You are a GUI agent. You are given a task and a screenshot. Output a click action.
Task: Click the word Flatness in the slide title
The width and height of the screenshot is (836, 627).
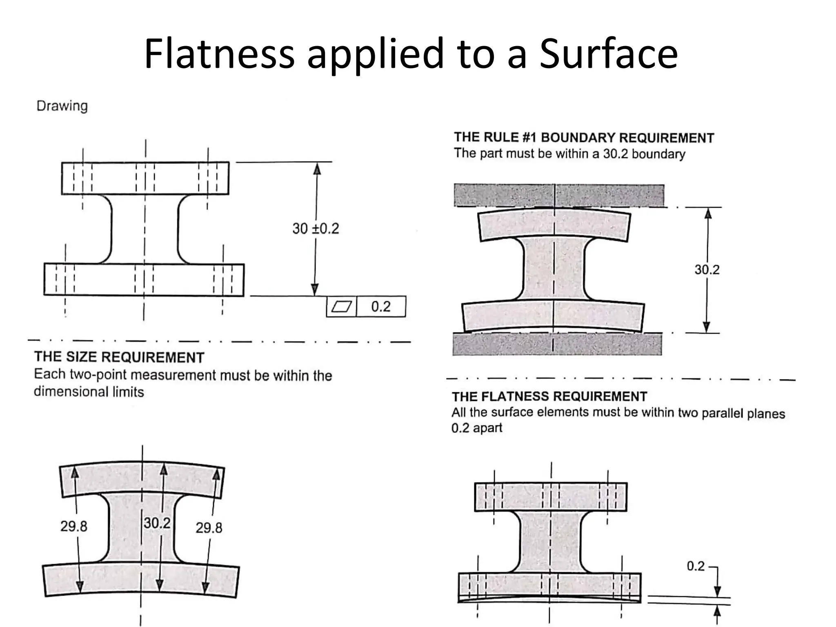(x=219, y=53)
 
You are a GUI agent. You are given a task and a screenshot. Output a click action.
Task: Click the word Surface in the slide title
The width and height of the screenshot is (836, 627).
(x=609, y=53)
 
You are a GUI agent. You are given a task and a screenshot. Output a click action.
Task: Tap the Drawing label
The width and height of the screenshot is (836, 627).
(x=62, y=106)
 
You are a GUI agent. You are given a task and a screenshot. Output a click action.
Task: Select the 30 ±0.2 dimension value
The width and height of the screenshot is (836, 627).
(x=316, y=229)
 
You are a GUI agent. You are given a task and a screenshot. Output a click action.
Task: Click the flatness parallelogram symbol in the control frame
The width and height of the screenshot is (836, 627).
(x=342, y=307)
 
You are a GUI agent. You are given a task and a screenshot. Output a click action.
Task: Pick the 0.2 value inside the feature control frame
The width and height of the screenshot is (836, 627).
(x=381, y=307)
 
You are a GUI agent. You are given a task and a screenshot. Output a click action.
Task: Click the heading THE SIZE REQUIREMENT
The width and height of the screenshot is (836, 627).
(x=119, y=357)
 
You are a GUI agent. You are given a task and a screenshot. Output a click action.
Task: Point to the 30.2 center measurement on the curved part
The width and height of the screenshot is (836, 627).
(x=157, y=523)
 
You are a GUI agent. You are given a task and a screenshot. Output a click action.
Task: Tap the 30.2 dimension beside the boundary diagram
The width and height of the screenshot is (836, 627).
(x=707, y=270)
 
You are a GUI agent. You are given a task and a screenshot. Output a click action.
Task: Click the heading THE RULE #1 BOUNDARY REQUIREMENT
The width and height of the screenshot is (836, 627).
(x=584, y=138)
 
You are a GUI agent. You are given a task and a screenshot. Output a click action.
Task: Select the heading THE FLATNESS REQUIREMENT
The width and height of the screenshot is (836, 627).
(x=549, y=396)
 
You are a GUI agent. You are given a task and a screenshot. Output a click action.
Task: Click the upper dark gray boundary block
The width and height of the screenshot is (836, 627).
(x=558, y=195)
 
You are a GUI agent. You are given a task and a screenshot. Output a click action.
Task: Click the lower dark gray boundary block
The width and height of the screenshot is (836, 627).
(x=557, y=344)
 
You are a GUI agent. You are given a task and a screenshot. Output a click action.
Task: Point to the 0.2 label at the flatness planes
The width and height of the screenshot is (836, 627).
(x=696, y=566)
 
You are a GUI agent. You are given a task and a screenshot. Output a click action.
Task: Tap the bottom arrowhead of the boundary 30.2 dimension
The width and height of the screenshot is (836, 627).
(x=707, y=327)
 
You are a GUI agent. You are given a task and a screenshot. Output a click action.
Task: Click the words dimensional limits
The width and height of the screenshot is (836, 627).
(x=89, y=392)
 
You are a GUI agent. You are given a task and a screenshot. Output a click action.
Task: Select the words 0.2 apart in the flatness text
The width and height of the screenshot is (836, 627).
(x=476, y=428)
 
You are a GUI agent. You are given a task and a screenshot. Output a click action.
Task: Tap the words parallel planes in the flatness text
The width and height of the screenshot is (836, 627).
(x=743, y=414)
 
